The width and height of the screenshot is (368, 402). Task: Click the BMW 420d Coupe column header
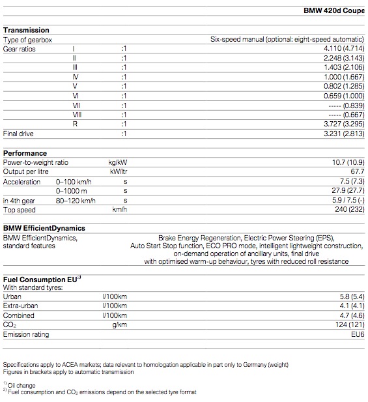tap(334, 11)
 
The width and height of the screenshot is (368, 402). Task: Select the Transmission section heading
tap(26, 30)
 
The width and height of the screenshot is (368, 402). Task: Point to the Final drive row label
tap(18, 134)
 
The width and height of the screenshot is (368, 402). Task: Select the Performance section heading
tap(25, 153)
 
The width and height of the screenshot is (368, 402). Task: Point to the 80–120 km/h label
tap(76, 201)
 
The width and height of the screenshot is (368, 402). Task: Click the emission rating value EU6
tap(357, 334)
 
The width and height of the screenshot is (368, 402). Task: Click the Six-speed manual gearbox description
tap(287, 40)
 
